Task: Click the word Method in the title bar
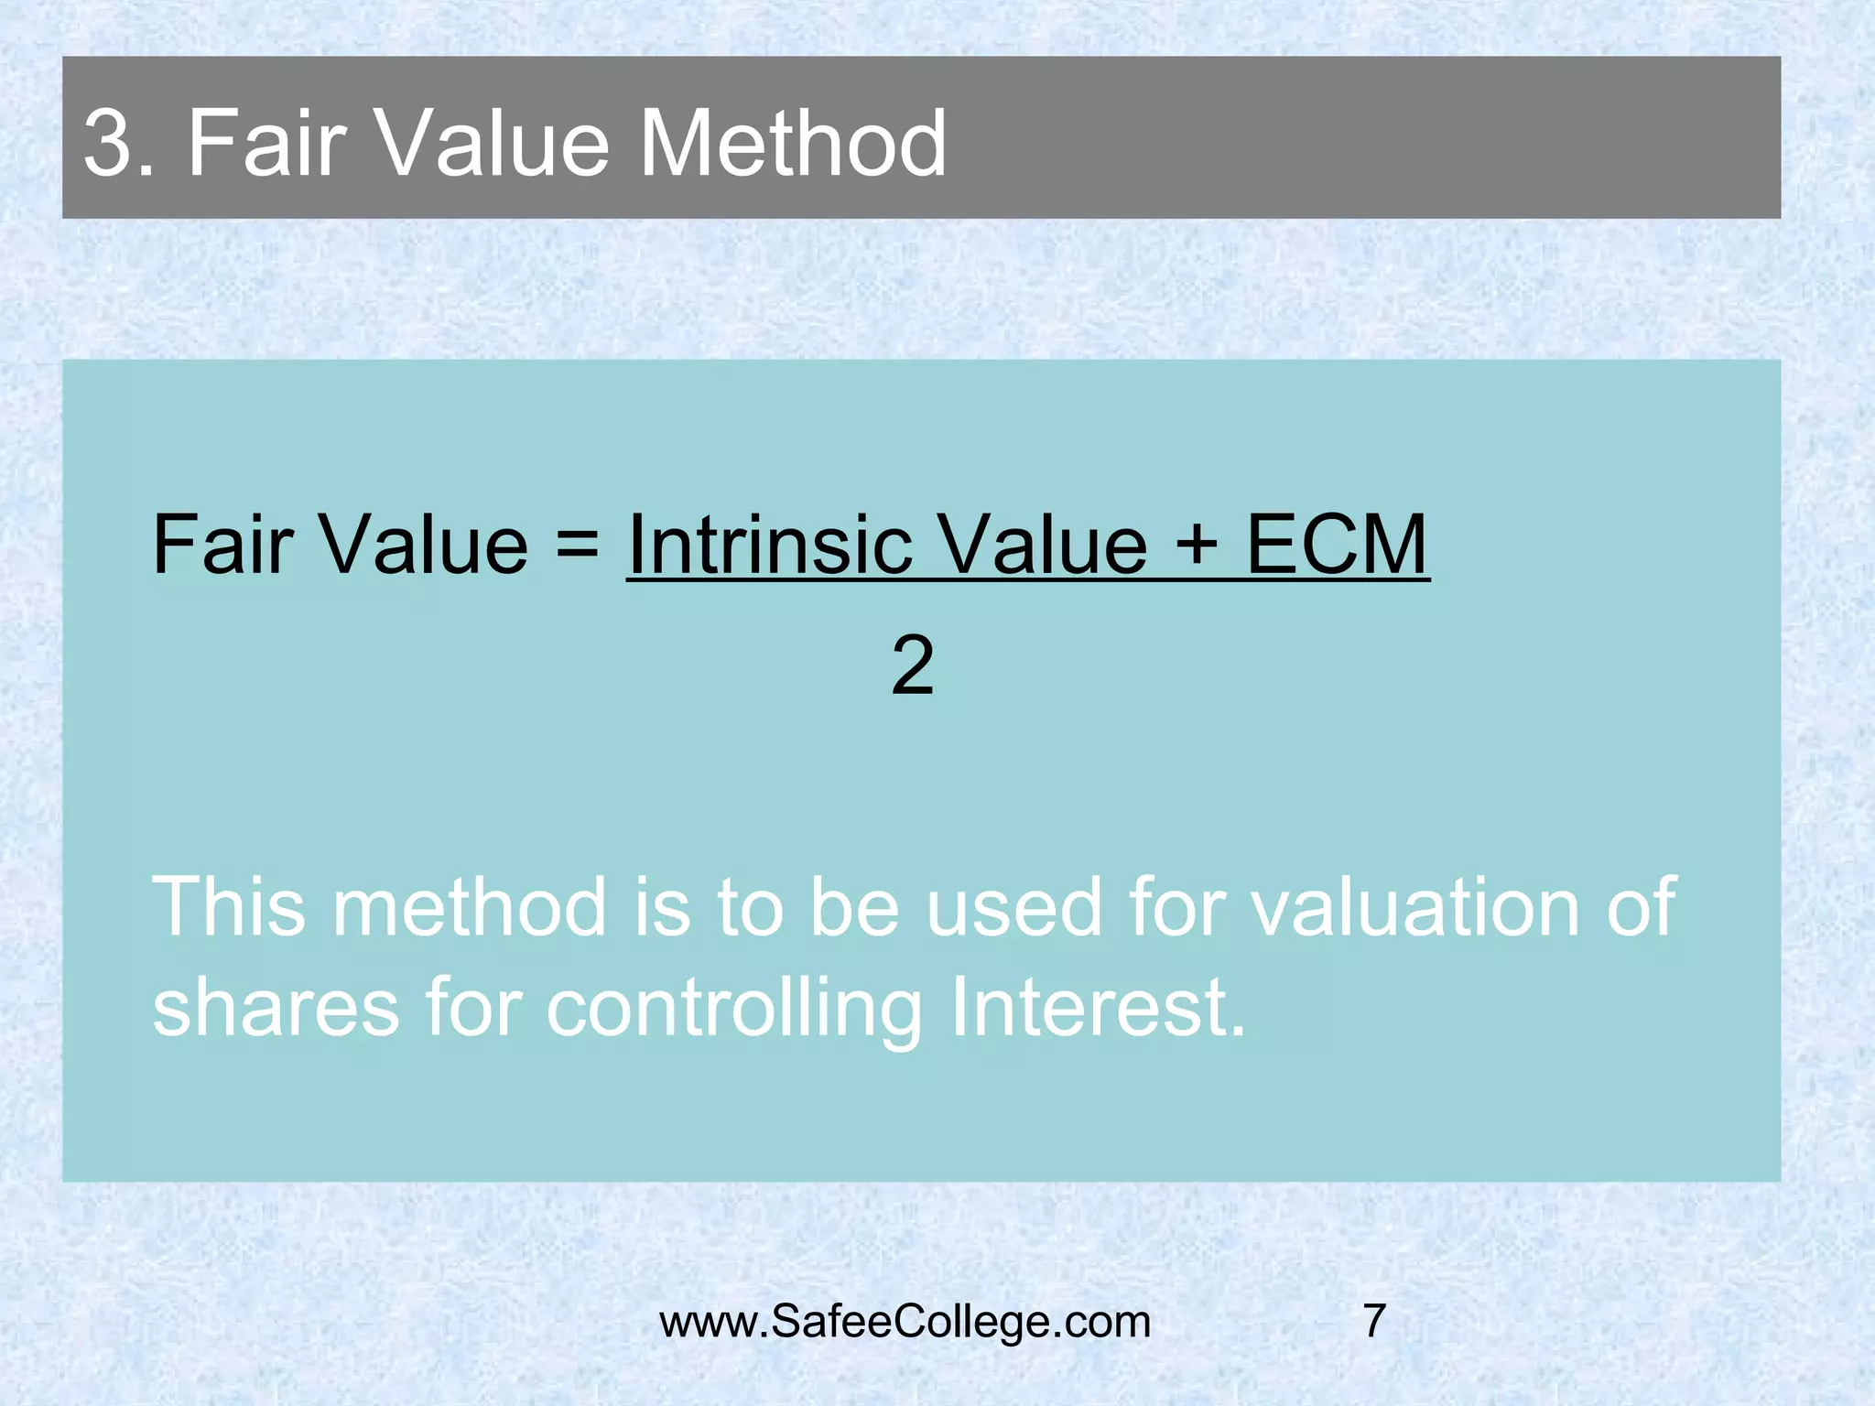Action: pyautogui.click(x=793, y=144)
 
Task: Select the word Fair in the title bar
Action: pyautogui.click(x=266, y=144)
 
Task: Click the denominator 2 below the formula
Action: pyautogui.click(x=912, y=666)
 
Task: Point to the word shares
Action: pyautogui.click(x=276, y=1009)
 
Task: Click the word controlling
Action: pyautogui.click(x=733, y=1009)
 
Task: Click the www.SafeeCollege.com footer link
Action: pyautogui.click(x=905, y=1322)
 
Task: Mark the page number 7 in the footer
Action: pyautogui.click(x=1374, y=1322)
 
